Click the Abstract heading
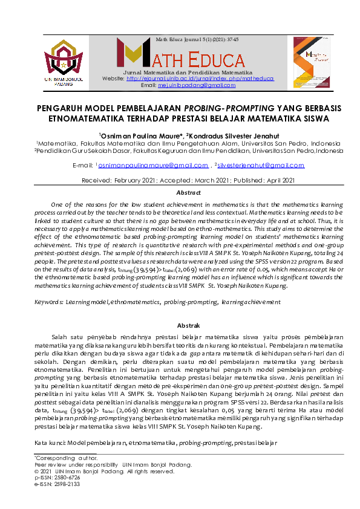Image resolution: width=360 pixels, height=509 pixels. click(x=180, y=192)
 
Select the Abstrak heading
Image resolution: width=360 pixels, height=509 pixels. click(x=180, y=326)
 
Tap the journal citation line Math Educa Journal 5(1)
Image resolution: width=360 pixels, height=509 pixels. click(x=197, y=39)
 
